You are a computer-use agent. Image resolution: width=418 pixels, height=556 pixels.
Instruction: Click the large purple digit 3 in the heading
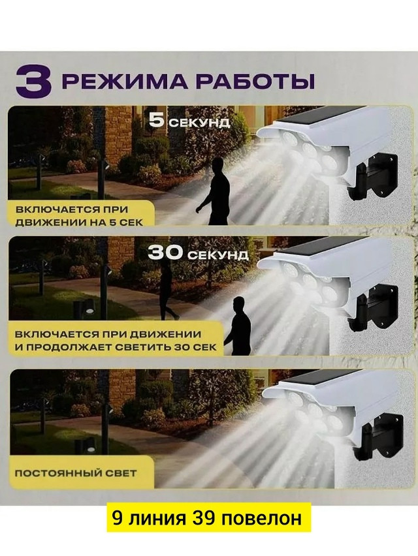click(x=34, y=82)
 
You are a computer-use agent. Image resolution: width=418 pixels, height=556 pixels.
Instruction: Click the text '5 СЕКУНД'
click(x=189, y=121)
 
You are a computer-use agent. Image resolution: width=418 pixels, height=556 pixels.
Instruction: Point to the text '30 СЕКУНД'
click(x=197, y=253)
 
